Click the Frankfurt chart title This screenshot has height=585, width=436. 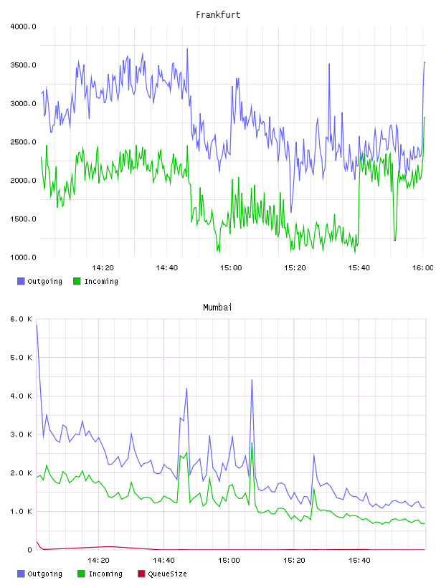(218, 14)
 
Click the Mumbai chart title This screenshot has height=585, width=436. (217, 307)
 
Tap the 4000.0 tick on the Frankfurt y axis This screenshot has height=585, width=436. (23, 27)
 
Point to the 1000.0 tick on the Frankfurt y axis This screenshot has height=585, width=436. (23, 257)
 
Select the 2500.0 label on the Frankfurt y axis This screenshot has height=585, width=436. (23, 142)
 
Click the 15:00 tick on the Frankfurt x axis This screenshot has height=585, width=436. (231, 268)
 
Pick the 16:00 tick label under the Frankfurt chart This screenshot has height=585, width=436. (422, 268)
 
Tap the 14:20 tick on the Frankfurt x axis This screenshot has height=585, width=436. (103, 268)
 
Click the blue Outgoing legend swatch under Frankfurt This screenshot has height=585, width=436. (21, 281)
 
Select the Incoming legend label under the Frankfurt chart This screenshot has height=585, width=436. (101, 282)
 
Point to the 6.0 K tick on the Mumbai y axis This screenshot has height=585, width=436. (21, 319)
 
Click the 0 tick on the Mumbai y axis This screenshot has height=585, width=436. (29, 550)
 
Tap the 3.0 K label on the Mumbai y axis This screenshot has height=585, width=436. (21, 434)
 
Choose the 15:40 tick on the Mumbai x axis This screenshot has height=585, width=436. (359, 561)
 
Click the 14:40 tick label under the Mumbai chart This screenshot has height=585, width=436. (163, 561)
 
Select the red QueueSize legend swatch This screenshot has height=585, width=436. (141, 574)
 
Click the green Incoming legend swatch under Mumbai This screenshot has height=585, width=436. (81, 574)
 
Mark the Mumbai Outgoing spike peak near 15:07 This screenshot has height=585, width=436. (252, 380)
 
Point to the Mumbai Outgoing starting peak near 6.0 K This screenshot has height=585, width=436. (37, 325)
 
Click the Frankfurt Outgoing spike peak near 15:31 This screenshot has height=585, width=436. (329, 64)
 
